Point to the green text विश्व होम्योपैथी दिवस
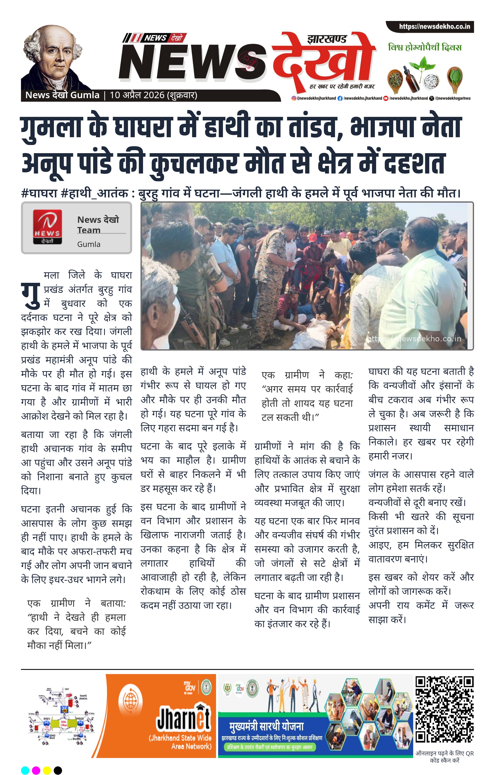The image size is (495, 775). tap(425, 48)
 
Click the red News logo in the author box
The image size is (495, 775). tap(47, 227)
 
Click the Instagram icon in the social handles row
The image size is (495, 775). tap(293, 98)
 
